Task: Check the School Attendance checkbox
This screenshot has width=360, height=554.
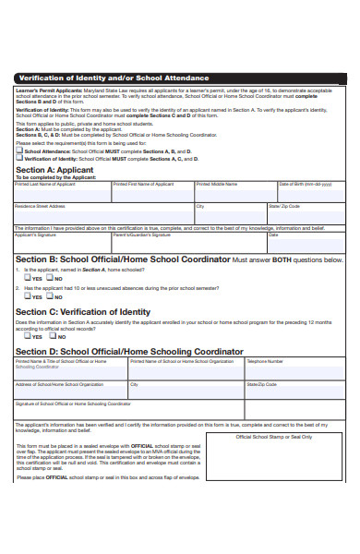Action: click(19, 151)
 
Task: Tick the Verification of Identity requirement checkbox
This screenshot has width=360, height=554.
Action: click(19, 159)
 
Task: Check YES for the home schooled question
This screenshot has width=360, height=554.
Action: click(27, 278)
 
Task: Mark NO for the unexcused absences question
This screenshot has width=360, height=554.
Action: click(48, 297)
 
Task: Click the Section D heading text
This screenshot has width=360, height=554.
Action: click(129, 352)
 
